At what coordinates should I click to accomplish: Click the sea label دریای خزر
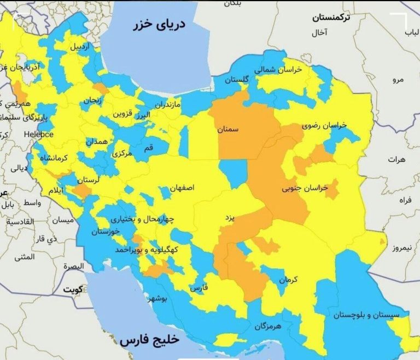162,25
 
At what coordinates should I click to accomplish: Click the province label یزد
230,217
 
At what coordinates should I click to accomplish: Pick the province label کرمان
288,280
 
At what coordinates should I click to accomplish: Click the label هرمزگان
267,326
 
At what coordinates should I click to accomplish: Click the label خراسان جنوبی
304,188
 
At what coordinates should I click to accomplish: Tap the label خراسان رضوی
328,126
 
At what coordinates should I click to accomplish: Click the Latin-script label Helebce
37,134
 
